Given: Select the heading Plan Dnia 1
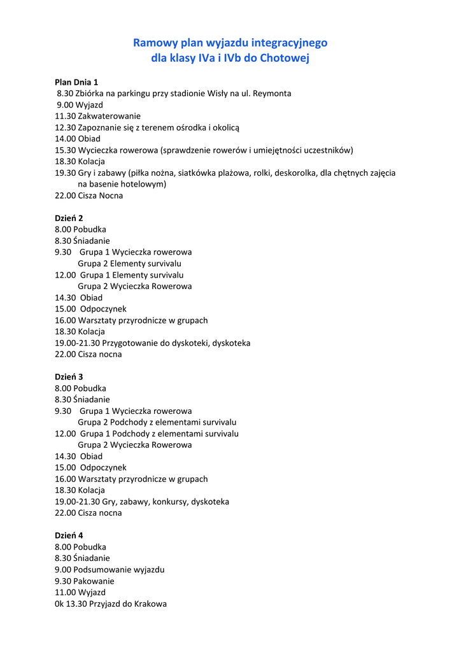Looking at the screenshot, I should pos(76,81).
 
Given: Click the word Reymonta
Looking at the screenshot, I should pos(272,93).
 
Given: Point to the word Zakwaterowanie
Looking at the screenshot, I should pos(110,116).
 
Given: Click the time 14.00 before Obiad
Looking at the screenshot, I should pos(65,138).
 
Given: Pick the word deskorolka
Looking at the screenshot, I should pos(295,173).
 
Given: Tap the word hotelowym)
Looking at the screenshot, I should pos(143,184).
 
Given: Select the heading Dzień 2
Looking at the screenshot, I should pos(69,218).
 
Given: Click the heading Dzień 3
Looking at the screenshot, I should pos(69,376).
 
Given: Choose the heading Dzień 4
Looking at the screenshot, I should pos(69,535).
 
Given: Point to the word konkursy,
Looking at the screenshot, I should pos(170,502).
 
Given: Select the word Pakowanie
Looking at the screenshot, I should pos(94,581).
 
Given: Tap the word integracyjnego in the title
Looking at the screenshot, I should pos(289,43).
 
